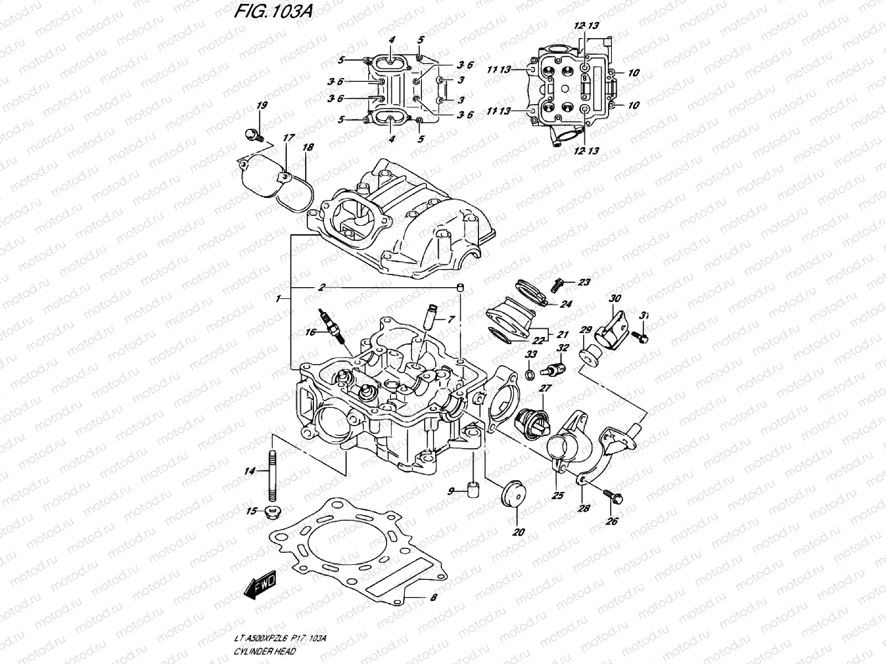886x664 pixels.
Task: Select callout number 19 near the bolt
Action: point(262,106)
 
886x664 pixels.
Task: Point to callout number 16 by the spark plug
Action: point(310,332)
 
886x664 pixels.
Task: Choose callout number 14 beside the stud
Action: point(250,471)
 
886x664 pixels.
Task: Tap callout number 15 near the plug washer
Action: point(252,511)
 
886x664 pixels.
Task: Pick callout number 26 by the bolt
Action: point(611,521)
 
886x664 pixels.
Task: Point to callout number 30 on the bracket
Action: point(614,298)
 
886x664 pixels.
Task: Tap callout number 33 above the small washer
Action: point(531,354)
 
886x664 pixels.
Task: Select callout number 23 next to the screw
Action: point(584,283)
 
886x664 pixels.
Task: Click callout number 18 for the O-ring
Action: point(308,148)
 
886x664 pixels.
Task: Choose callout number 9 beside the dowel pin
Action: point(451,491)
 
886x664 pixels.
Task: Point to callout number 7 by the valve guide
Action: point(451,319)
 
